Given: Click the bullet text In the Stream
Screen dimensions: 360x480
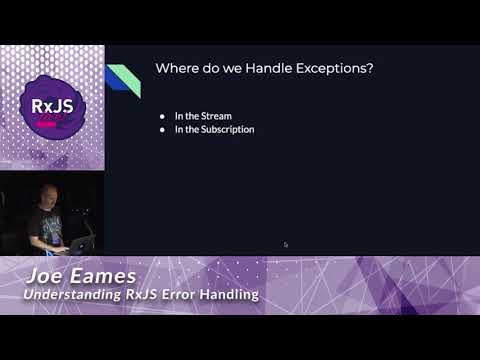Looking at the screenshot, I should [203, 116].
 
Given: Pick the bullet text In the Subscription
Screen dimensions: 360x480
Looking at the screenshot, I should [214, 129].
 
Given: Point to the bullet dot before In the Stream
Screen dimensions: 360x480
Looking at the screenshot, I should [162, 116].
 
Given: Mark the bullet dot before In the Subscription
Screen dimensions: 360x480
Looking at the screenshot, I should [162, 129].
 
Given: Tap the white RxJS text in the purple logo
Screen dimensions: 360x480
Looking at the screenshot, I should [52, 104].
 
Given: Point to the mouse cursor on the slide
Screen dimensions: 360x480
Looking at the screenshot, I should [286, 244].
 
